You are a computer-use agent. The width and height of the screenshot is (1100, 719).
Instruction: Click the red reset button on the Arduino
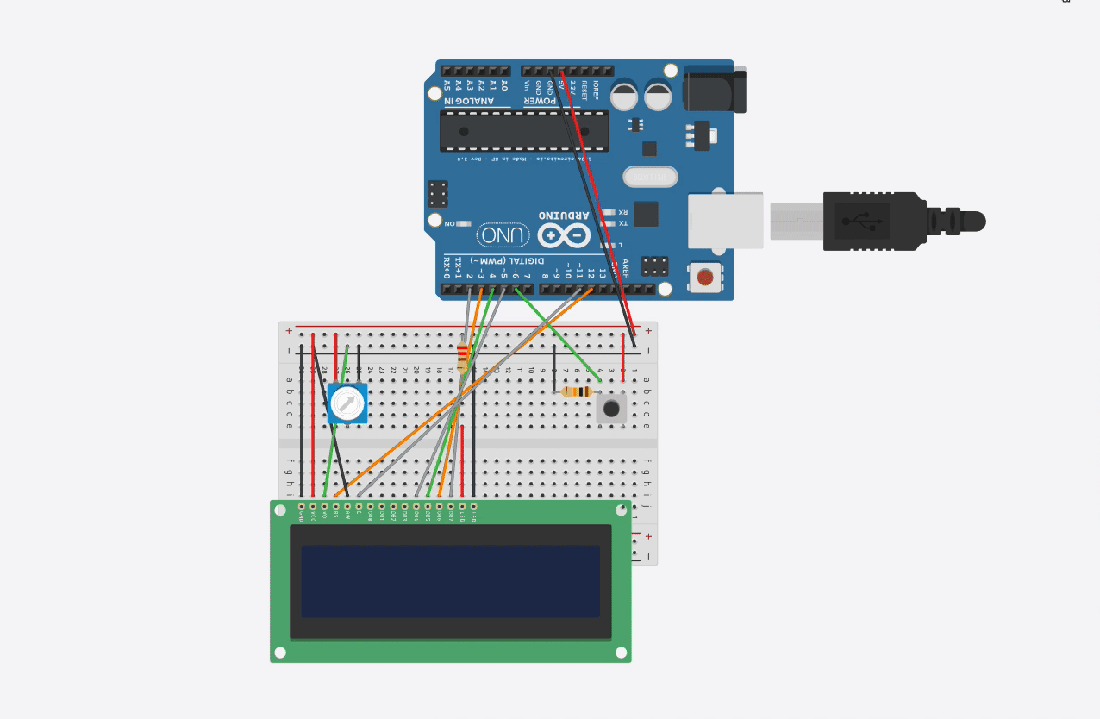(706, 278)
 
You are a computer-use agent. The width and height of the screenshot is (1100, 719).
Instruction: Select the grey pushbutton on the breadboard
(612, 408)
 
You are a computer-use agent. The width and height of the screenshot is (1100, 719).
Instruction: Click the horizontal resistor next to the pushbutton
(577, 392)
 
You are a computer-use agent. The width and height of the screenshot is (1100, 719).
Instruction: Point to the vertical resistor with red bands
(464, 356)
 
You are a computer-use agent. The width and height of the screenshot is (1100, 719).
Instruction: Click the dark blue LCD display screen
(450, 580)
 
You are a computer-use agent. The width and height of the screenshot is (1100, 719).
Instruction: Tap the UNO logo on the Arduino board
(503, 234)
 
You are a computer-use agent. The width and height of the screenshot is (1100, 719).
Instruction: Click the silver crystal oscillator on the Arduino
(650, 177)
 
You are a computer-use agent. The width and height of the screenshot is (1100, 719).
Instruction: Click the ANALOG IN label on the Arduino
(470, 101)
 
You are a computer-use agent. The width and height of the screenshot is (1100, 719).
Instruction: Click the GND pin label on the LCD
(302, 515)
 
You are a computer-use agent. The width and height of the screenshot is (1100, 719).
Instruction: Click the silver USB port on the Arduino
(726, 221)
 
